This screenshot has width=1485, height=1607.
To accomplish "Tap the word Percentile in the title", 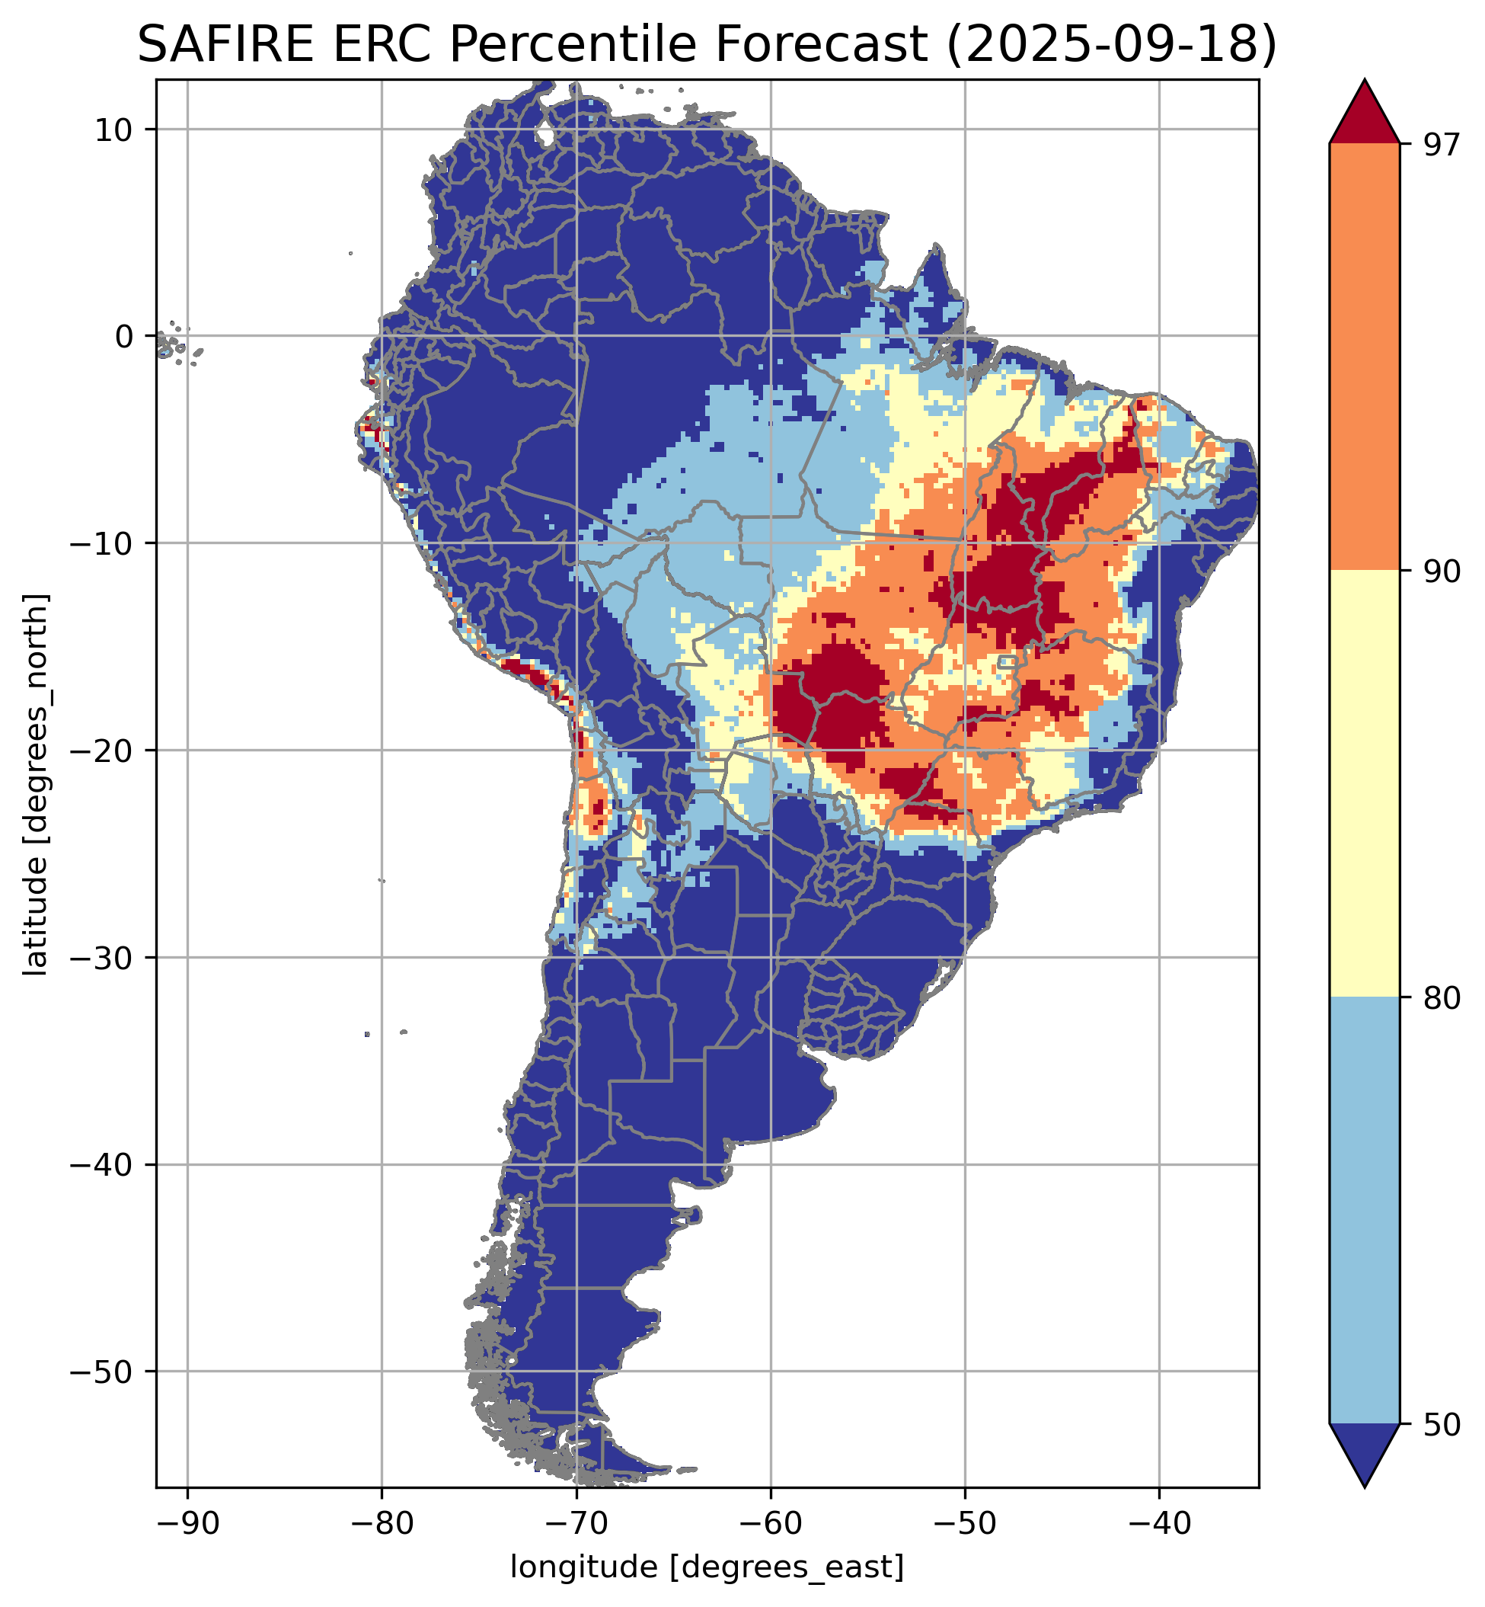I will pyautogui.click(x=689, y=45).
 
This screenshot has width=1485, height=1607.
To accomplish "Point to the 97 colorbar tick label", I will pyautogui.click(x=1439, y=146).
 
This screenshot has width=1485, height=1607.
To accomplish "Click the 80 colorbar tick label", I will pyautogui.click(x=1439, y=999).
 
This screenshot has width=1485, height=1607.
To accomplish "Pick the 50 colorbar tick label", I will pyautogui.click(x=1439, y=1426).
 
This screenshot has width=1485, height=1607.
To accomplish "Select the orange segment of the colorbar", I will pyautogui.click(x=1365, y=357).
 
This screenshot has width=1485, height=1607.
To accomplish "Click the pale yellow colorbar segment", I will pyautogui.click(x=1365, y=784).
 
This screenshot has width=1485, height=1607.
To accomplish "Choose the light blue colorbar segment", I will pyautogui.click(x=1365, y=1210).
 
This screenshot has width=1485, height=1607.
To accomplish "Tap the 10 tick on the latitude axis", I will pyautogui.click(x=113, y=130).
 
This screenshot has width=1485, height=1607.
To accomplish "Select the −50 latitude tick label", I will pyautogui.click(x=102, y=1372).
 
